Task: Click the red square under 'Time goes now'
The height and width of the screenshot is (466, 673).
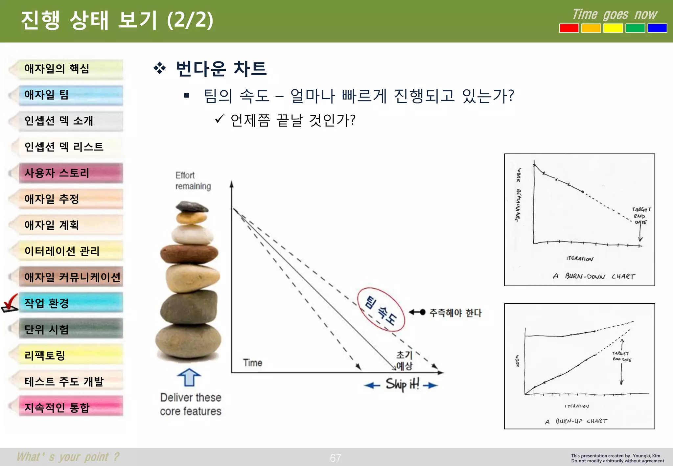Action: pyautogui.click(x=569, y=28)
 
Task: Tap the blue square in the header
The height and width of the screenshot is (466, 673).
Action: pyautogui.click(x=657, y=28)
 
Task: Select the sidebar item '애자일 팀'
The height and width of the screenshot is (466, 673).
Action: pyautogui.click(x=71, y=95)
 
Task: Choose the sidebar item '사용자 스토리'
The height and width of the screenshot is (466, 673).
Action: pyautogui.click(x=71, y=173)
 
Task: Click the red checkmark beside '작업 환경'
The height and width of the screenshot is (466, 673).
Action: pyautogui.click(x=10, y=303)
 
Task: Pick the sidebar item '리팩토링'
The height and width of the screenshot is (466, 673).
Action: pyautogui.click(x=71, y=355)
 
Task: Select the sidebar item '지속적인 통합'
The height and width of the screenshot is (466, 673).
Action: pyautogui.click(x=71, y=407)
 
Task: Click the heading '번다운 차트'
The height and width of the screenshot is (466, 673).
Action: pyautogui.click(x=221, y=69)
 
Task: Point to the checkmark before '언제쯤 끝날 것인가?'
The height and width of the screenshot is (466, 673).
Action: pyautogui.click(x=220, y=119)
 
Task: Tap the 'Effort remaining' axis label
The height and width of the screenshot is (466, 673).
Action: pyautogui.click(x=193, y=180)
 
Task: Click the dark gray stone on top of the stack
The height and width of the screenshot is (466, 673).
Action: pyautogui.click(x=192, y=207)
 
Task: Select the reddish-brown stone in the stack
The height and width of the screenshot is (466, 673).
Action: pyautogui.click(x=189, y=254)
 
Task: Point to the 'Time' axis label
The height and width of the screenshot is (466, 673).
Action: pyautogui.click(x=252, y=363)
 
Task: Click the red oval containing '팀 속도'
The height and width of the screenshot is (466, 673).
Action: pyautogui.click(x=381, y=310)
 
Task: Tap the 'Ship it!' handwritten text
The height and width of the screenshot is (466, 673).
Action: pyautogui.click(x=402, y=384)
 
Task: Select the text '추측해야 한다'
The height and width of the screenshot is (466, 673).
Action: pyautogui.click(x=455, y=313)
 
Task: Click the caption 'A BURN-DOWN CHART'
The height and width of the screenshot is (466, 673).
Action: pyautogui.click(x=593, y=276)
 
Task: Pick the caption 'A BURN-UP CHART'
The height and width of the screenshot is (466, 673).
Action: pyautogui.click(x=576, y=421)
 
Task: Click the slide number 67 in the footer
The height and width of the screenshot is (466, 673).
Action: pyautogui.click(x=336, y=458)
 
